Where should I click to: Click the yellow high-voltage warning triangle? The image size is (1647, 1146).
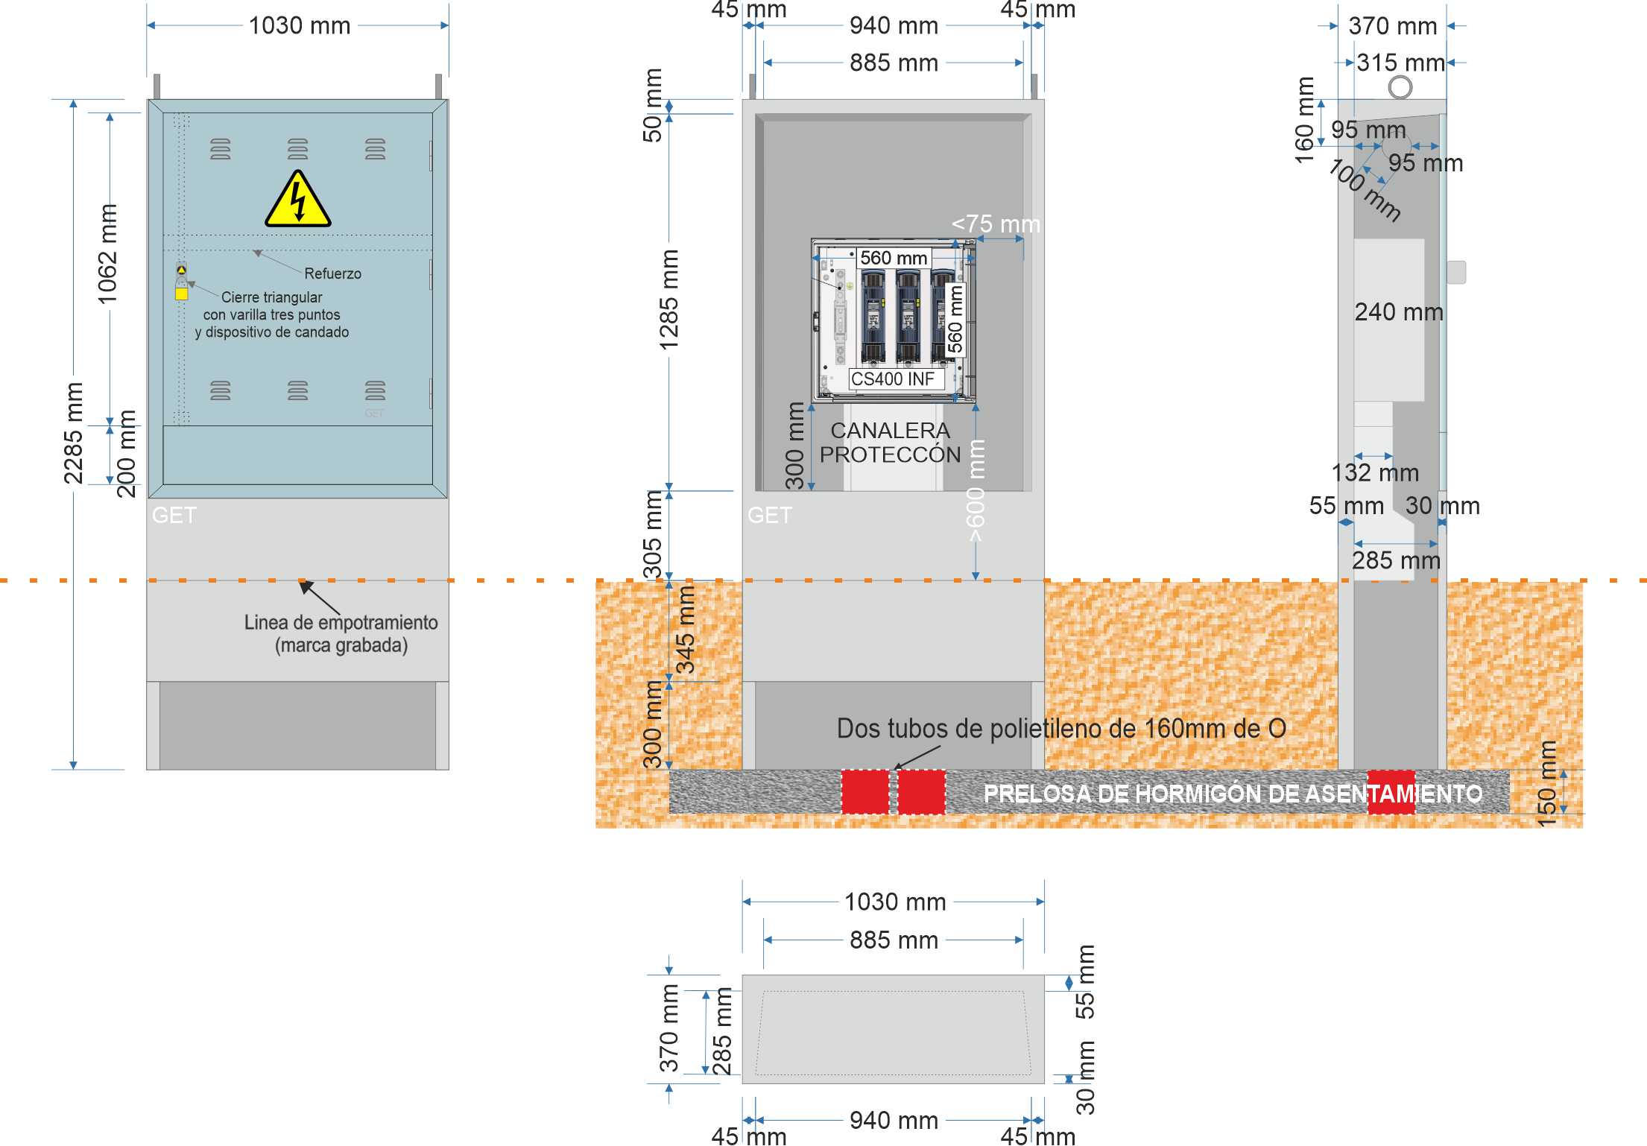tap(298, 199)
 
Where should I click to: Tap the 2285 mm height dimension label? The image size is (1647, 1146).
tap(73, 433)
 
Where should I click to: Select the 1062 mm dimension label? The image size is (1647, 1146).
tap(107, 254)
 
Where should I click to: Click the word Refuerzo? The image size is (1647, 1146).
tap(332, 273)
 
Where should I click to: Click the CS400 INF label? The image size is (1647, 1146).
tap(892, 379)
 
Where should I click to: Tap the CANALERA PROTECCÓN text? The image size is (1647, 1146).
tap(891, 442)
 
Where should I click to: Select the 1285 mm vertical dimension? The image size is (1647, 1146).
tap(668, 300)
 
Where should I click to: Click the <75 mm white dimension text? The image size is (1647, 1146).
tap(996, 224)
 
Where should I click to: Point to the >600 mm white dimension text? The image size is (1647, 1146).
tap(976, 490)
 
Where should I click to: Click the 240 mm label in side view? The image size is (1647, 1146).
tap(1399, 311)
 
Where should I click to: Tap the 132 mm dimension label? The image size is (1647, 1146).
tap(1375, 472)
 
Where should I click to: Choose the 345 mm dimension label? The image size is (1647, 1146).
tap(685, 630)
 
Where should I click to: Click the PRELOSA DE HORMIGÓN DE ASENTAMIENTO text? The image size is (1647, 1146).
tap(1233, 794)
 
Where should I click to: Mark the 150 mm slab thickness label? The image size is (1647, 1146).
tap(1547, 783)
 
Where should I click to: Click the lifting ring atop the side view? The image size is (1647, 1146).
tap(1400, 87)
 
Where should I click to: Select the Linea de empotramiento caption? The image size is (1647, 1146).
tap(341, 633)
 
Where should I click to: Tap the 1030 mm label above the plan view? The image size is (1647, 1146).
tap(895, 902)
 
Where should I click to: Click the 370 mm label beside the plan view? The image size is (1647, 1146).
tap(669, 1028)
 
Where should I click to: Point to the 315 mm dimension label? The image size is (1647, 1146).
tap(1400, 63)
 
